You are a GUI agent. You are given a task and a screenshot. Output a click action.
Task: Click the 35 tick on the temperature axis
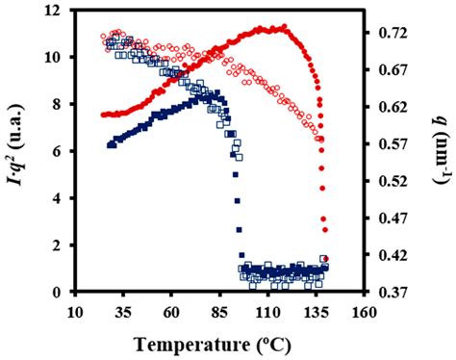pyautogui.click(x=123, y=313)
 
